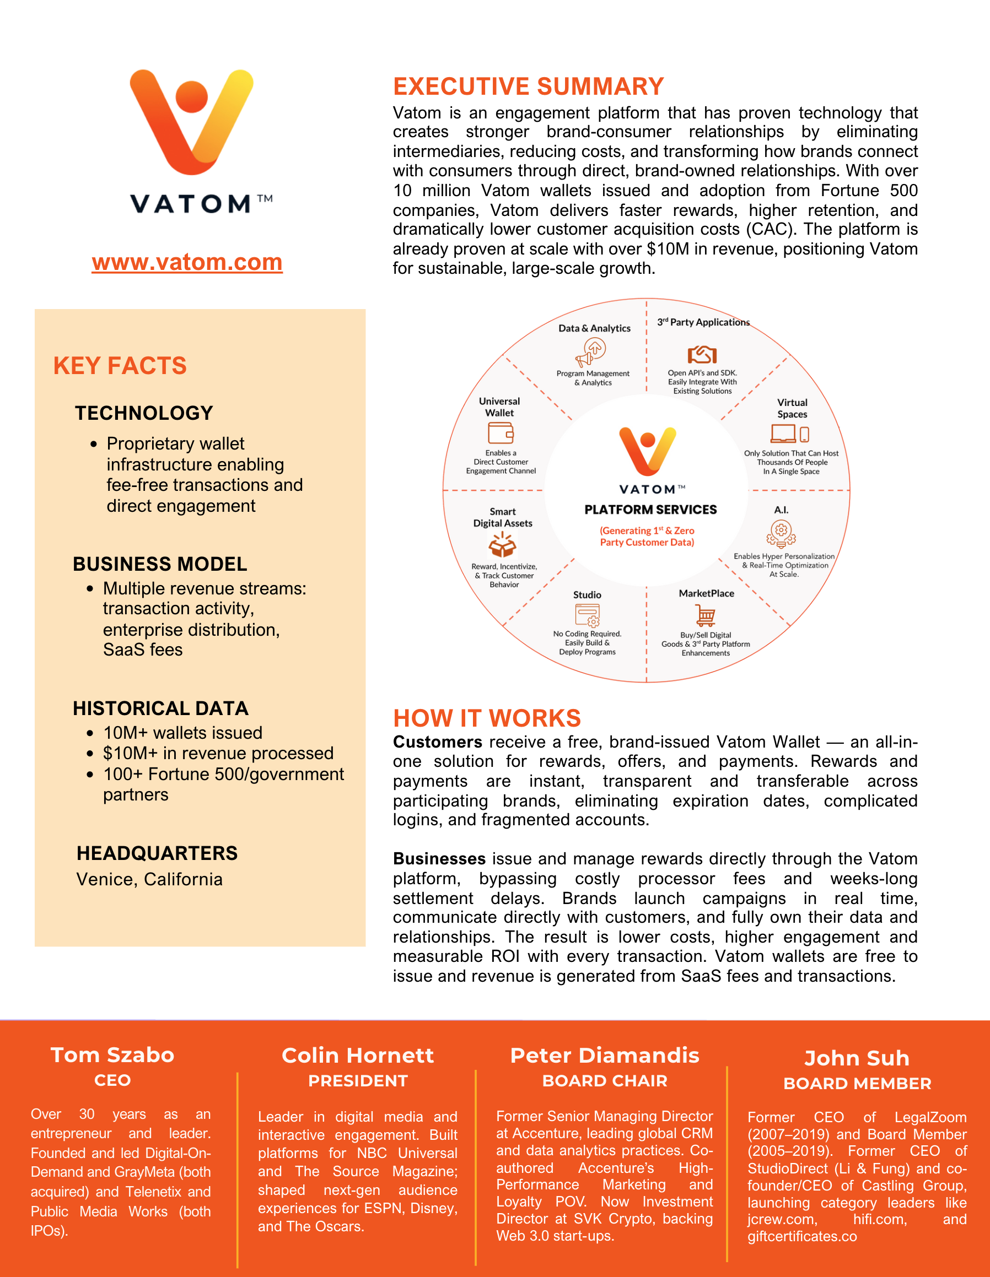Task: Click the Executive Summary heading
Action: point(529,86)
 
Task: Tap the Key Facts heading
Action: point(120,366)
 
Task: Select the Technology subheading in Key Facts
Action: point(144,413)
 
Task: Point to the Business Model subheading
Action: point(160,564)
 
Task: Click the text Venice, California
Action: point(149,879)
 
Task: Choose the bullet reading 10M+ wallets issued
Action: point(182,733)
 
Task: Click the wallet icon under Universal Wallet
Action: point(501,433)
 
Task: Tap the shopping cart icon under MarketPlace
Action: point(706,615)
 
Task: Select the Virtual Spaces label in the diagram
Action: point(792,408)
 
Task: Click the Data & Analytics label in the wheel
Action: point(594,328)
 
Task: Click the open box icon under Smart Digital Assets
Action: point(502,545)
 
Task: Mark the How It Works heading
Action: point(487,718)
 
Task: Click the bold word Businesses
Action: point(439,859)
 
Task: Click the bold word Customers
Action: point(437,742)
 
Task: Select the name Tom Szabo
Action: point(112,1055)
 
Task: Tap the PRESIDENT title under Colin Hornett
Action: point(358,1081)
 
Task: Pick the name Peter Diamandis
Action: point(604,1056)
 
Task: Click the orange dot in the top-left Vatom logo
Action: point(192,97)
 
